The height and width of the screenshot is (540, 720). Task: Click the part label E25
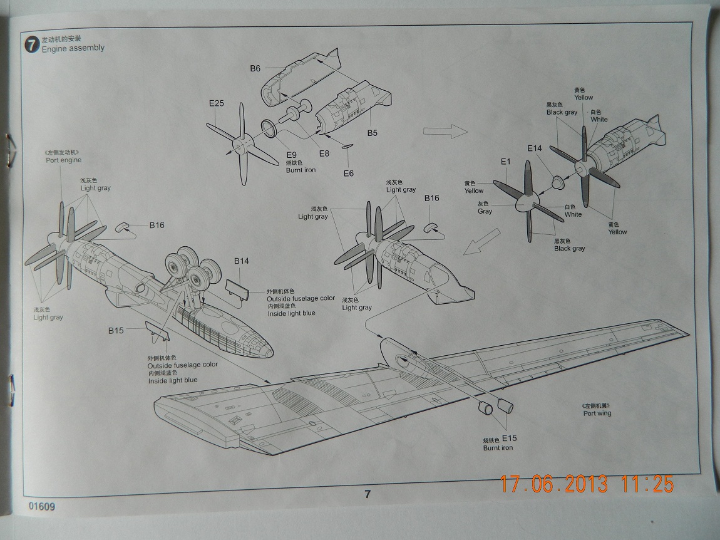coord(215,104)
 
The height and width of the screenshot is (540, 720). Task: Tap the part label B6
coord(255,68)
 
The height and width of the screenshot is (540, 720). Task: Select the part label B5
coord(373,133)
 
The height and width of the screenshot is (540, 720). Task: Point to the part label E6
coord(349,173)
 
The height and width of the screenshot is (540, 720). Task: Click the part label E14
coord(535,148)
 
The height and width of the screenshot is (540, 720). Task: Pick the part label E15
coord(508,439)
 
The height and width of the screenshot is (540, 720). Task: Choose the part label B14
coord(242,261)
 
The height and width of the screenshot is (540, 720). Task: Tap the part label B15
coord(116,330)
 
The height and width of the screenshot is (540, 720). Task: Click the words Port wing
coord(597,413)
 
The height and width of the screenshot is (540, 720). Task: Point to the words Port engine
coord(63,160)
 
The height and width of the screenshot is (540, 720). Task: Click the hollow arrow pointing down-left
coord(476,246)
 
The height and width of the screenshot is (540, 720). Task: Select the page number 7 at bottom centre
coord(368,494)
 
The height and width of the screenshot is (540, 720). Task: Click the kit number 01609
coord(41,506)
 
